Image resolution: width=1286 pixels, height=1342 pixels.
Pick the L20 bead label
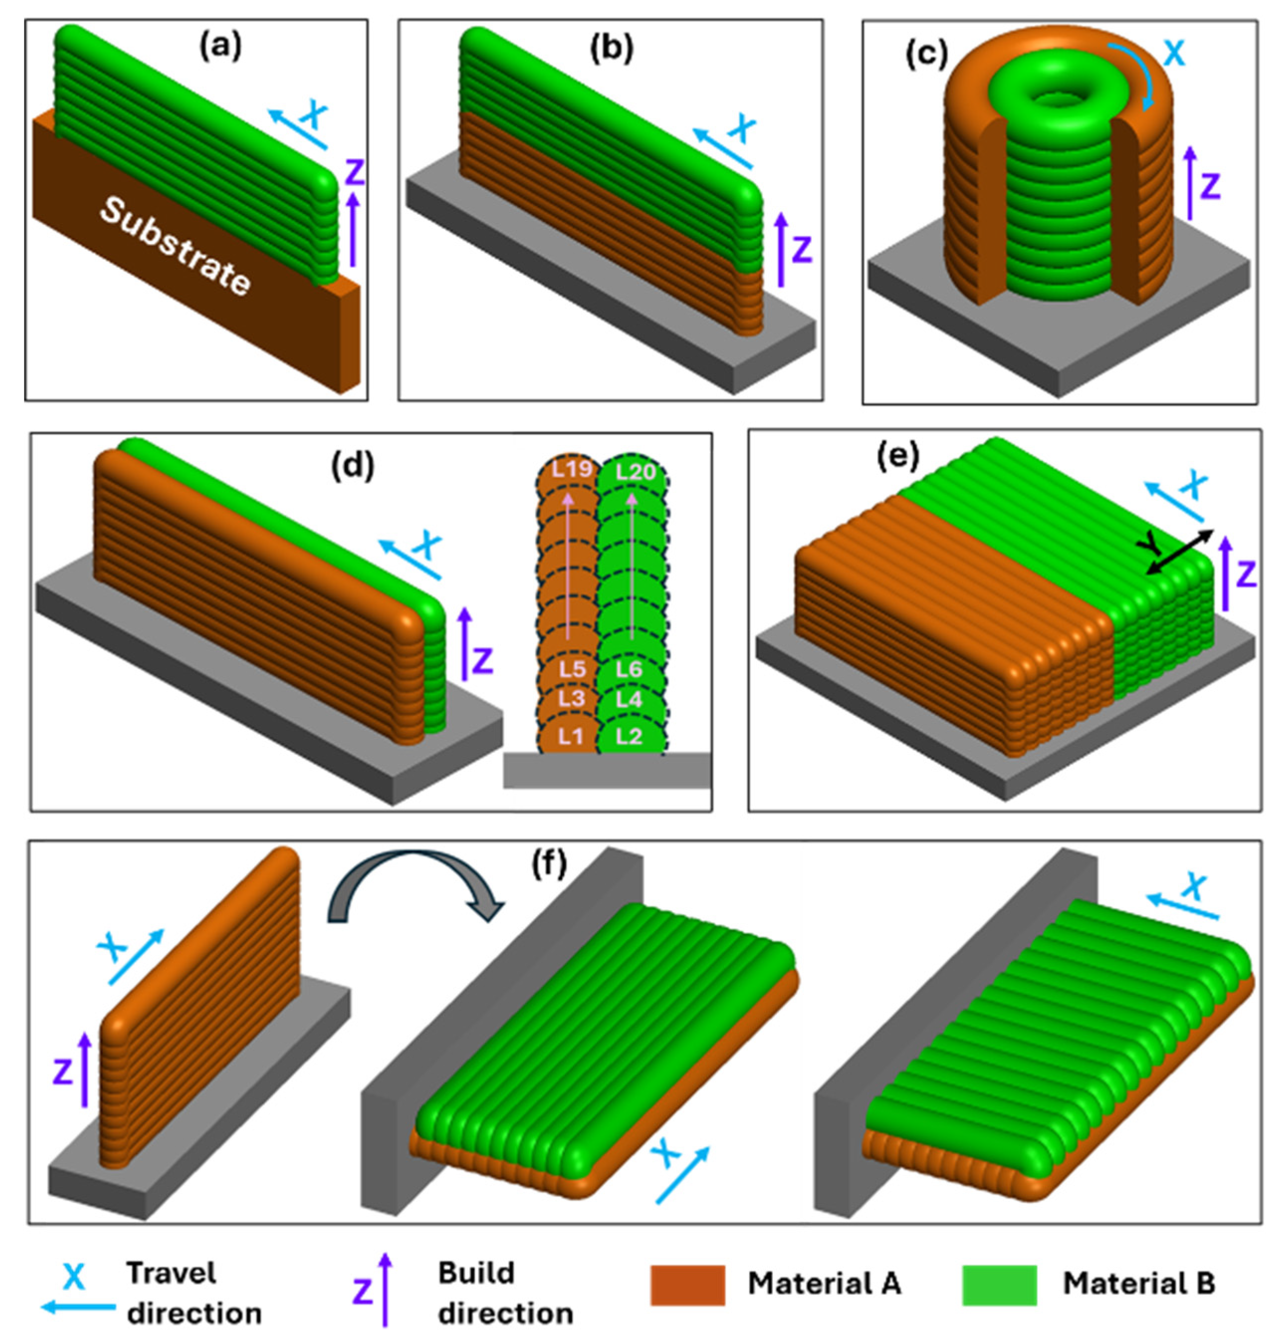tap(634, 472)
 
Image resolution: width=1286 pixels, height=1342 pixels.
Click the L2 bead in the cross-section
tap(629, 736)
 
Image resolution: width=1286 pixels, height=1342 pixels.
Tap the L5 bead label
tap(571, 669)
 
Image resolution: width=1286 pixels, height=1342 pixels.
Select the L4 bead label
tap(629, 700)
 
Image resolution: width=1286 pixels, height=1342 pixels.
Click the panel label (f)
tap(549, 865)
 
